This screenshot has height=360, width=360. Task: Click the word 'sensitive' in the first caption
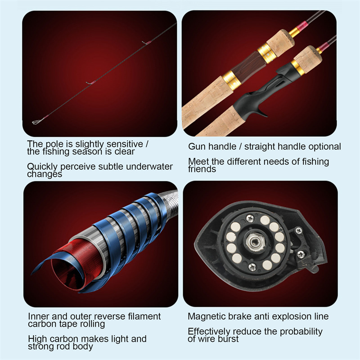125,144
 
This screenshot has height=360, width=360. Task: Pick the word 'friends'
202,169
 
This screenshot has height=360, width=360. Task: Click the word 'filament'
144,316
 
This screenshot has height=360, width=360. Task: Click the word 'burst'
228,339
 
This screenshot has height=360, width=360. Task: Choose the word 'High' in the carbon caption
37,339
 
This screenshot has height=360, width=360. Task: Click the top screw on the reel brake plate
250,218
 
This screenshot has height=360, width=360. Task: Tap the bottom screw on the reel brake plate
252,266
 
